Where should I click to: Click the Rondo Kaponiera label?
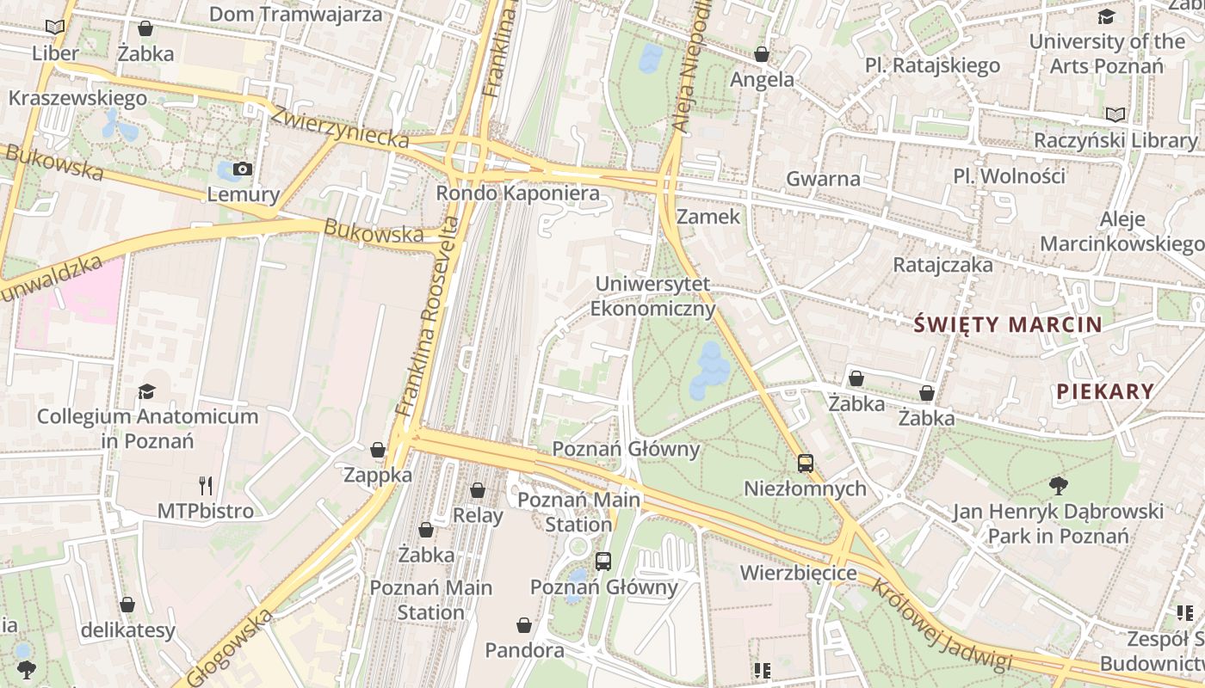click(517, 193)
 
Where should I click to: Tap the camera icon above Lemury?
click(243, 169)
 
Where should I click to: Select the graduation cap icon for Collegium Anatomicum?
click(147, 391)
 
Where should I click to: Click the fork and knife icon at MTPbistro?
click(205, 486)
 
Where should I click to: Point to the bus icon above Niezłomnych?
click(806, 464)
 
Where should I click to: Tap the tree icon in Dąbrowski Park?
click(1058, 486)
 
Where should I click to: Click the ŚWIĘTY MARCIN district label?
click(1008, 324)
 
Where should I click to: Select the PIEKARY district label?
click(1105, 391)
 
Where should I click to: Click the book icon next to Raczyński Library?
click(1115, 114)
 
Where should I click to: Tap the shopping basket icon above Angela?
click(762, 55)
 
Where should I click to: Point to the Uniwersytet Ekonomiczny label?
click(653, 296)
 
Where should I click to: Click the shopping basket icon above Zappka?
click(377, 450)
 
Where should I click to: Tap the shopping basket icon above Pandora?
click(524, 624)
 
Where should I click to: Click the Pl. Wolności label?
click(1009, 176)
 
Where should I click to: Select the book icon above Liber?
click(55, 28)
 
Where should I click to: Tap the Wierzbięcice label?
click(798, 573)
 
